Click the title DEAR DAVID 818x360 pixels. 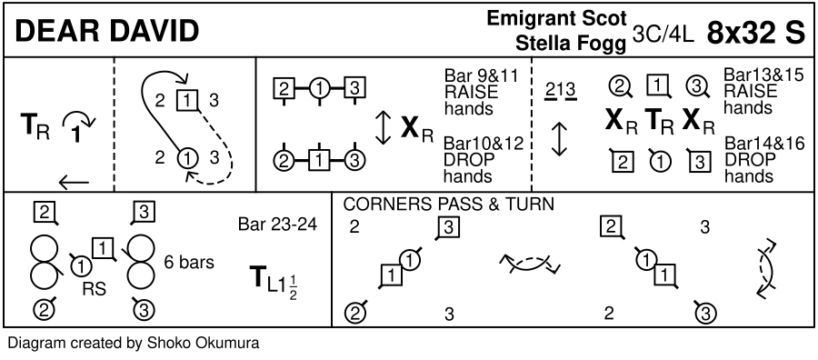tap(107, 31)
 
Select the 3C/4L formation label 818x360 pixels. tap(663, 34)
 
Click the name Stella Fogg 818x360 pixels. tap(571, 44)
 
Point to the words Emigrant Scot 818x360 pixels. tap(556, 18)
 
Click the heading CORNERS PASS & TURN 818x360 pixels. tap(448, 204)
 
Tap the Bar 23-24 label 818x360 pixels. tap(277, 225)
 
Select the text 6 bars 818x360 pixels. tap(189, 262)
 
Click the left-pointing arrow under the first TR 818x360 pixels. tap(74, 183)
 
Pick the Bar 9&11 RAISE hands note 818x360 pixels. tap(482, 92)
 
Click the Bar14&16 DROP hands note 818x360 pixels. tap(764, 159)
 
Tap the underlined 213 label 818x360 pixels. tap(559, 92)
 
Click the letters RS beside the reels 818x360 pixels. tap(95, 288)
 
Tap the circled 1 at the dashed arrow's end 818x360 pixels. tap(188, 157)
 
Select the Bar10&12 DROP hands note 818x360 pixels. tap(484, 160)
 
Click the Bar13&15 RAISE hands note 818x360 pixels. tap(763, 91)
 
